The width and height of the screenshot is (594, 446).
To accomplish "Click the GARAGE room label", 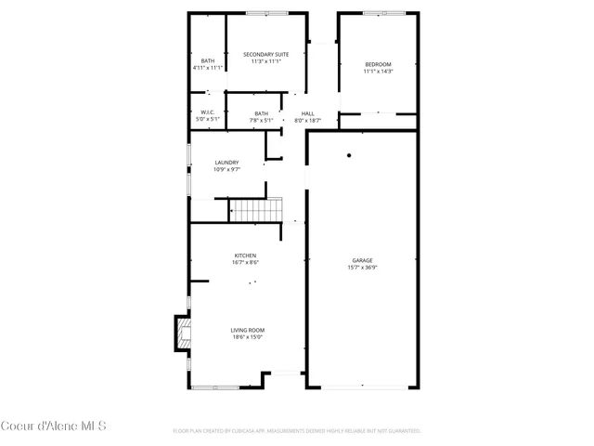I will pos(363,260).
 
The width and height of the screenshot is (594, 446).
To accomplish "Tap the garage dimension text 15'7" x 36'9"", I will pos(363,268).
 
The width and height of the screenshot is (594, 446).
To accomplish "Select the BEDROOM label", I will pos(378,63).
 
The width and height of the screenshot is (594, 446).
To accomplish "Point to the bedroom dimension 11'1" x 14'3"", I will pos(378,71).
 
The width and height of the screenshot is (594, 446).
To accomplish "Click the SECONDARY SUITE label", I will pos(266,54).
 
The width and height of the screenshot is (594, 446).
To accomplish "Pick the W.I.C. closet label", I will pos(208,112).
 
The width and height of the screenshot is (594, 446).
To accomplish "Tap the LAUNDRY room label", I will pos(227,162).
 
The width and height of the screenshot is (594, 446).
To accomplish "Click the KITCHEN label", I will pos(245,255).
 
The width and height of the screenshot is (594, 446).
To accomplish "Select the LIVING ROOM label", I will pos(248,330).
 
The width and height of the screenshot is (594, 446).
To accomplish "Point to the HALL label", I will pos(307,113).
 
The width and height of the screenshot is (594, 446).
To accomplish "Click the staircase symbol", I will pos(255,211).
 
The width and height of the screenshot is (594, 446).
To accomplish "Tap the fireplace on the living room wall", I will pos(180,334).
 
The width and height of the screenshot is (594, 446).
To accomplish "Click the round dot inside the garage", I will pos(349,155).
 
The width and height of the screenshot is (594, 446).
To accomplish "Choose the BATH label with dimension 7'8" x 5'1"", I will pos(262,113).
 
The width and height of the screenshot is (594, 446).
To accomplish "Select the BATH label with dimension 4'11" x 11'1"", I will pos(208,61).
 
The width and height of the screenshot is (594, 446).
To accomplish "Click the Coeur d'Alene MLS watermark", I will pos(53,426).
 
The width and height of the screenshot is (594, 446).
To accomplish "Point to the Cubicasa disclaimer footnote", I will pos(297,431).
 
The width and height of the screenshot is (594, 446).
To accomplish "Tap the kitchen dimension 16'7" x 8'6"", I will pos(245,262).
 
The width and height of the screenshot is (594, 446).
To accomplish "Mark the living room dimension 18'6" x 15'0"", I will pos(248,337).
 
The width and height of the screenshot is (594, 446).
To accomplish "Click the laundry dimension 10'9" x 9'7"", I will pos(227,169).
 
